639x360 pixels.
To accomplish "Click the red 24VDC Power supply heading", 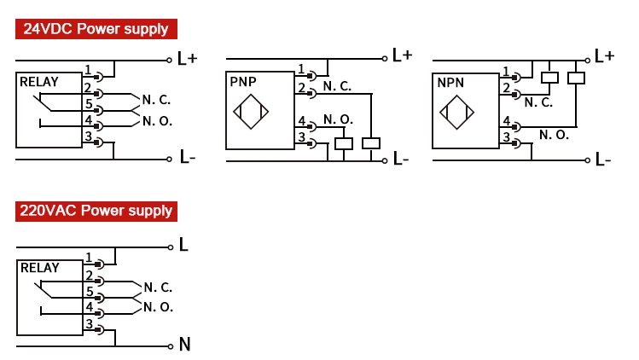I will click(x=96, y=28).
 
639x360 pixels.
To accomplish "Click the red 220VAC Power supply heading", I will click(x=96, y=210).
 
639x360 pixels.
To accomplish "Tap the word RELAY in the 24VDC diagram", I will click(x=39, y=82).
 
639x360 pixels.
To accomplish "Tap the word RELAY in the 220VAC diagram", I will click(x=39, y=267).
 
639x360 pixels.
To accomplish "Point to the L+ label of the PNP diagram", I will click(x=402, y=55).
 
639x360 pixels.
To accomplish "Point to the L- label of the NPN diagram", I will click(x=603, y=159).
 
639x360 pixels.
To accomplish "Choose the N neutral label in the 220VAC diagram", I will click(x=184, y=345).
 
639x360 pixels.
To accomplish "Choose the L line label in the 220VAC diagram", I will click(x=183, y=246).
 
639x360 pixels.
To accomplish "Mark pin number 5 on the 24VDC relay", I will click(x=88, y=104).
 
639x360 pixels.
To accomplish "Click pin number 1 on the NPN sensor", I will click(x=506, y=72).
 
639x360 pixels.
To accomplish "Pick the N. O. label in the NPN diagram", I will click(x=555, y=134).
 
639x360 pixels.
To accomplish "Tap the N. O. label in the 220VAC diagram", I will click(x=158, y=306).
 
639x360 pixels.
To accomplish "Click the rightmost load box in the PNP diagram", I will click(x=370, y=143).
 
